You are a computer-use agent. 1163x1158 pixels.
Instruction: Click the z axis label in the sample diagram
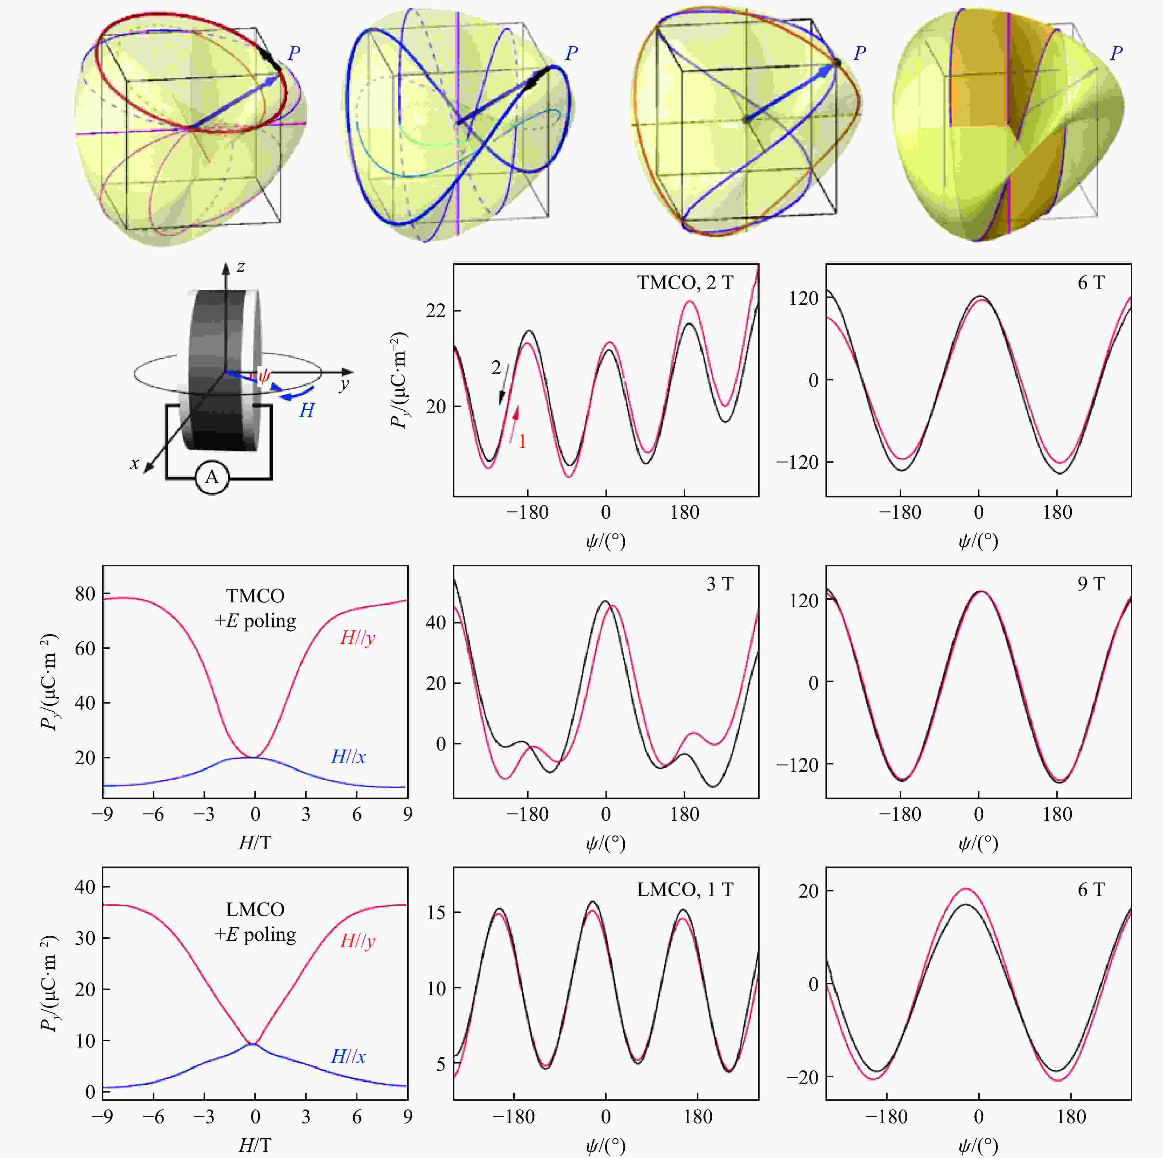[241, 266]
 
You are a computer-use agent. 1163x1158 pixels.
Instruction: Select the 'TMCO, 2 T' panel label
[685, 283]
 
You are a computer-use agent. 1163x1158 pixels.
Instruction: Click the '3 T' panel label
[719, 584]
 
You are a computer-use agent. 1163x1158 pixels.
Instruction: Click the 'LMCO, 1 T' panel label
[685, 889]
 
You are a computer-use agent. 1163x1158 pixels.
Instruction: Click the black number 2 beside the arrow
[496, 367]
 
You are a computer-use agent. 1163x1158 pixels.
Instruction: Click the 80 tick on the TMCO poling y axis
[85, 594]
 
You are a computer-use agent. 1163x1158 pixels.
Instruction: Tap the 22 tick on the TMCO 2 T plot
[436, 311]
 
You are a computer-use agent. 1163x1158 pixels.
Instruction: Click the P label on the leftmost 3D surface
[294, 53]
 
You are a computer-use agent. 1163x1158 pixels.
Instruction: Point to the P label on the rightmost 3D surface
[1116, 53]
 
